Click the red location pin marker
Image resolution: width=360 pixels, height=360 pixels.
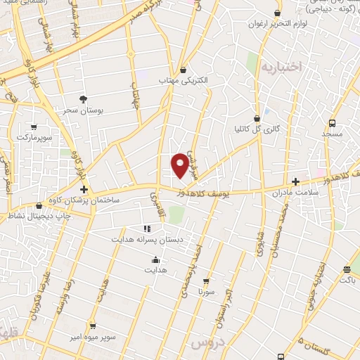(180, 165)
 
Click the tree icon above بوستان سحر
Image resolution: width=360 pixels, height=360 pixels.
(84, 99)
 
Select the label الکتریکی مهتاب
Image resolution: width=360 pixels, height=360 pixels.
(184, 82)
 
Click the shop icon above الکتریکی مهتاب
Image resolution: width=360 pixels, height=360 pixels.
(184, 70)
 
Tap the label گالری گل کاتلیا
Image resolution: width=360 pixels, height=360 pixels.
(257, 129)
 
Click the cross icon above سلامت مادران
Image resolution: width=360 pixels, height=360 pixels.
(295, 181)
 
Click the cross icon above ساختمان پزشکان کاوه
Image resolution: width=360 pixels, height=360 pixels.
(84, 190)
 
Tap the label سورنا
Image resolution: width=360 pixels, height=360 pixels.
(206, 290)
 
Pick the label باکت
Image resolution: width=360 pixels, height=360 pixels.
(347, 281)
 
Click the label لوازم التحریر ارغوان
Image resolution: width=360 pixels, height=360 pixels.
(276, 23)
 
